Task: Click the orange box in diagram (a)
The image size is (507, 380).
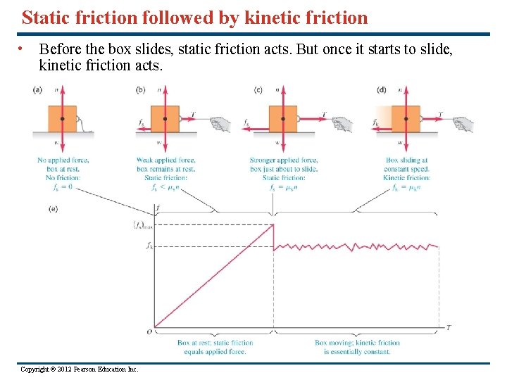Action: (x=62, y=119)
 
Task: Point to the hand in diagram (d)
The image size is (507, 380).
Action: (x=463, y=125)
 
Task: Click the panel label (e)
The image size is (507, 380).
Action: (x=54, y=208)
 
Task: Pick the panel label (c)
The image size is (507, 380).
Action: (x=258, y=89)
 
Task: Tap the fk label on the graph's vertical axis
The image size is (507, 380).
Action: (x=149, y=246)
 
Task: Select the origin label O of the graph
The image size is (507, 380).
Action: (x=149, y=331)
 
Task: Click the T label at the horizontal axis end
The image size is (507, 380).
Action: (x=449, y=327)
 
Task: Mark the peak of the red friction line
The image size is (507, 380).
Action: (x=273, y=224)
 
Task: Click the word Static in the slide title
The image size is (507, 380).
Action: (x=46, y=18)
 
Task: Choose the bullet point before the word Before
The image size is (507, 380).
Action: (x=24, y=49)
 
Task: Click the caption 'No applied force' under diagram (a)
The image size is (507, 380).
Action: (x=63, y=160)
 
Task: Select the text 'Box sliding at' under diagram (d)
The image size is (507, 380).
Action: (x=406, y=160)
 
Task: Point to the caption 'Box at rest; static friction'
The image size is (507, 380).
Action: (x=215, y=343)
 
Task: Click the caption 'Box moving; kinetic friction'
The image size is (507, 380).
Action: (x=357, y=343)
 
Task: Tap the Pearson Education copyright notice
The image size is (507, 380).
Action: (x=80, y=369)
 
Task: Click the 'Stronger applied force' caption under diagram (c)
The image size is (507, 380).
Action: (x=284, y=160)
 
